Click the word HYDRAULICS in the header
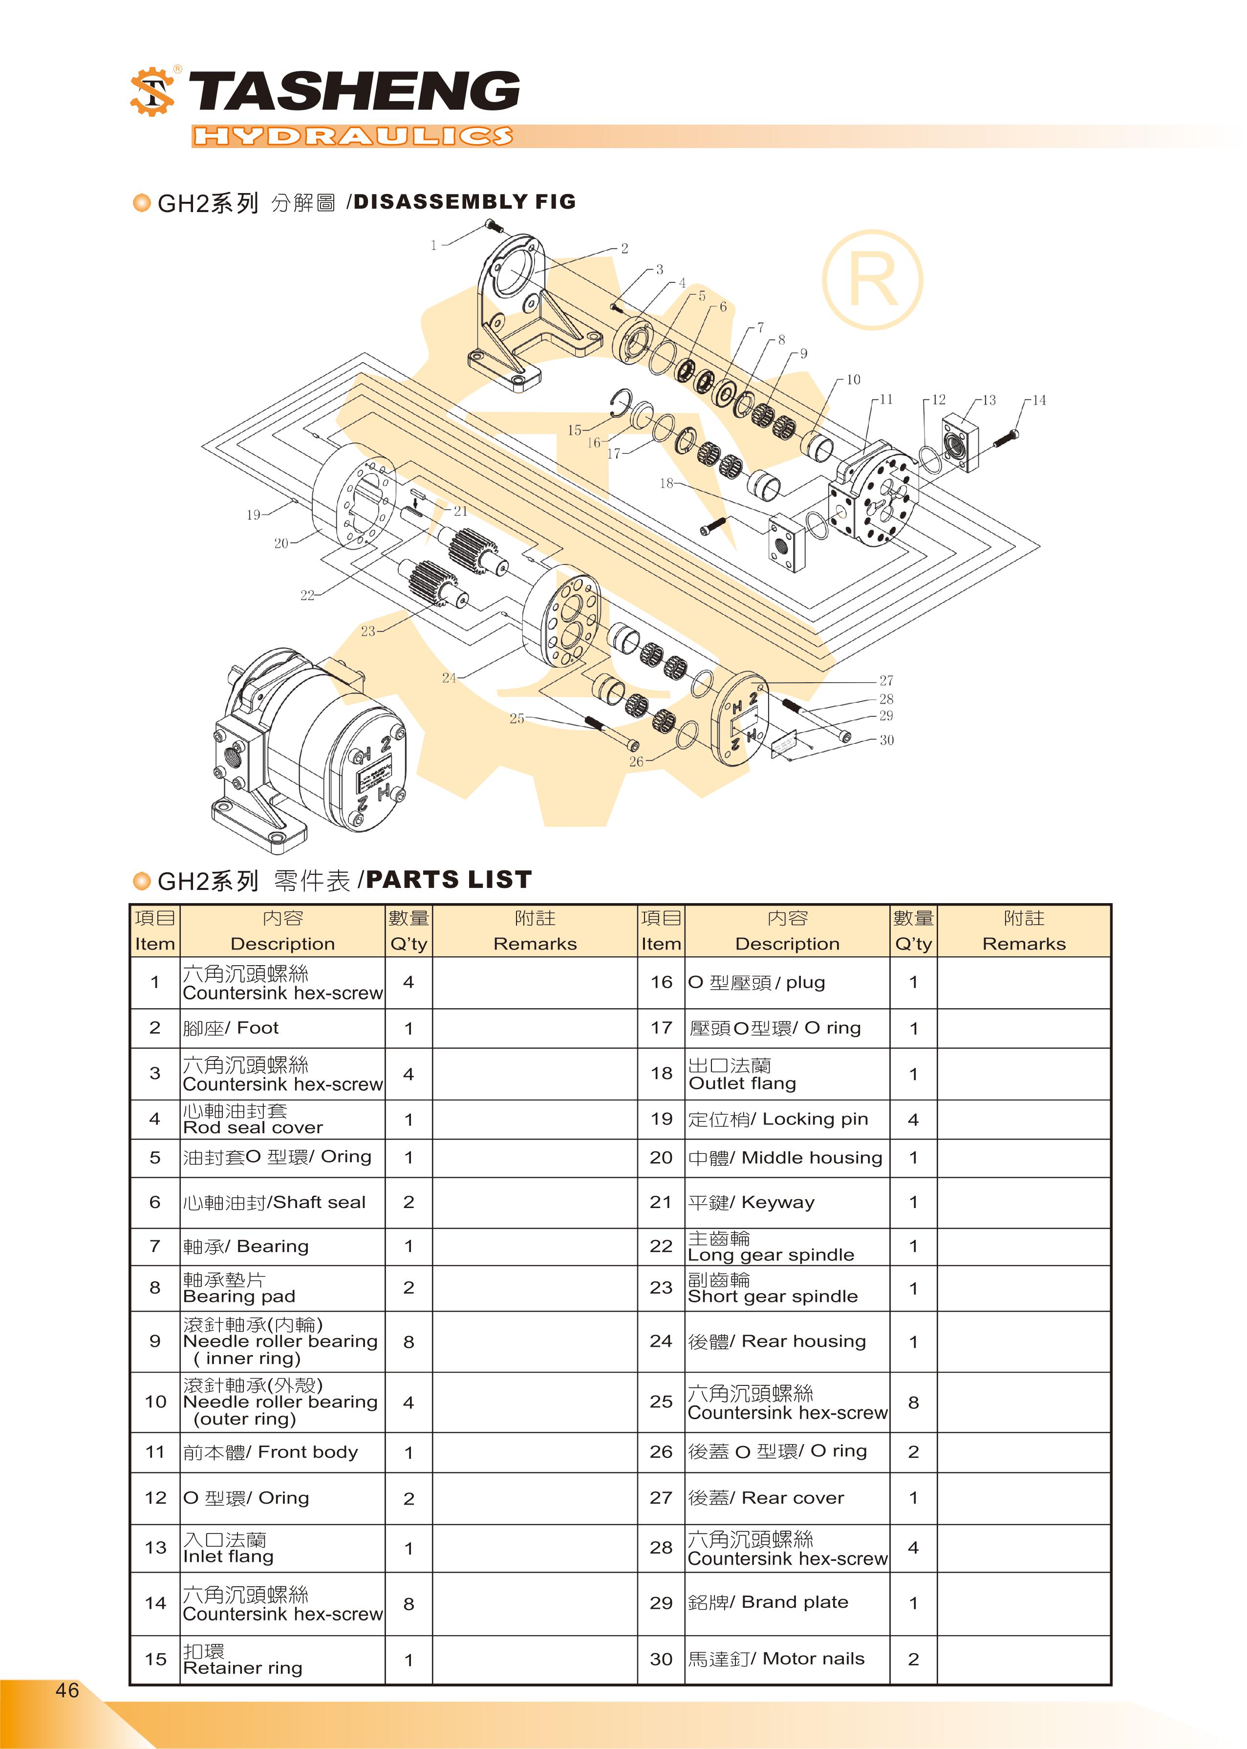click(352, 137)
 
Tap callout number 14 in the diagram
click(1038, 400)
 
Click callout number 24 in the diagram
click(449, 677)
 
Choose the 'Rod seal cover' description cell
click(282, 1120)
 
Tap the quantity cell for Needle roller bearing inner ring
click(408, 1341)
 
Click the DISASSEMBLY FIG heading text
click(465, 202)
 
